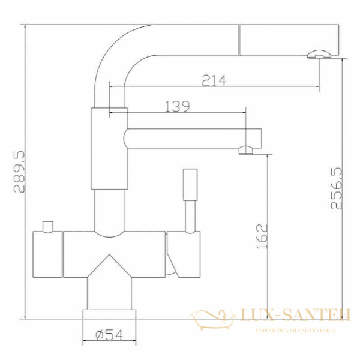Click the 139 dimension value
point(178,107)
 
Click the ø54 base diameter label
point(109,337)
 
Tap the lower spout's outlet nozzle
point(246,150)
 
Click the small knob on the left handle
point(46,226)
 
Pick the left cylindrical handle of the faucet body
point(47,254)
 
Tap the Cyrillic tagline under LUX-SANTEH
point(294,331)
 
